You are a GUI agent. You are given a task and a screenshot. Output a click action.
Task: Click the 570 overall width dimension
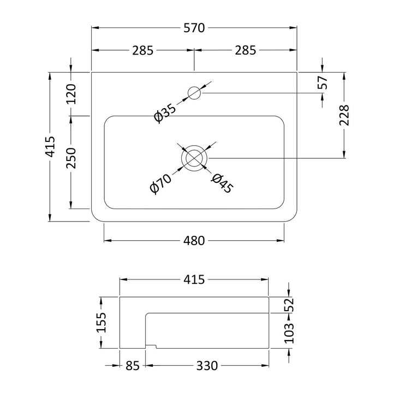click(194, 28)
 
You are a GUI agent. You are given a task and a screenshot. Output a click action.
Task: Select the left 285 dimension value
click(142, 50)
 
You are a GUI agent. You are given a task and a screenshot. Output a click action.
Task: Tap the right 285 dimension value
click(246, 50)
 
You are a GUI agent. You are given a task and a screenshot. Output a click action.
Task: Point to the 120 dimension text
click(71, 94)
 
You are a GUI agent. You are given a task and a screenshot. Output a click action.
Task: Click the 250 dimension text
click(71, 158)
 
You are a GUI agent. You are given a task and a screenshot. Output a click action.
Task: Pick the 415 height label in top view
click(50, 147)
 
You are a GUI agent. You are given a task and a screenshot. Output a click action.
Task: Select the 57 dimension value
click(323, 82)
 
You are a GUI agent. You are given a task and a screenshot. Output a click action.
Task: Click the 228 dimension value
click(344, 115)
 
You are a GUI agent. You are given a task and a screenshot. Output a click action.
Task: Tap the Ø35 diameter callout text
click(165, 114)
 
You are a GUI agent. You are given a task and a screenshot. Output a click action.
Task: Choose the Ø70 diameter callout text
click(160, 184)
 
